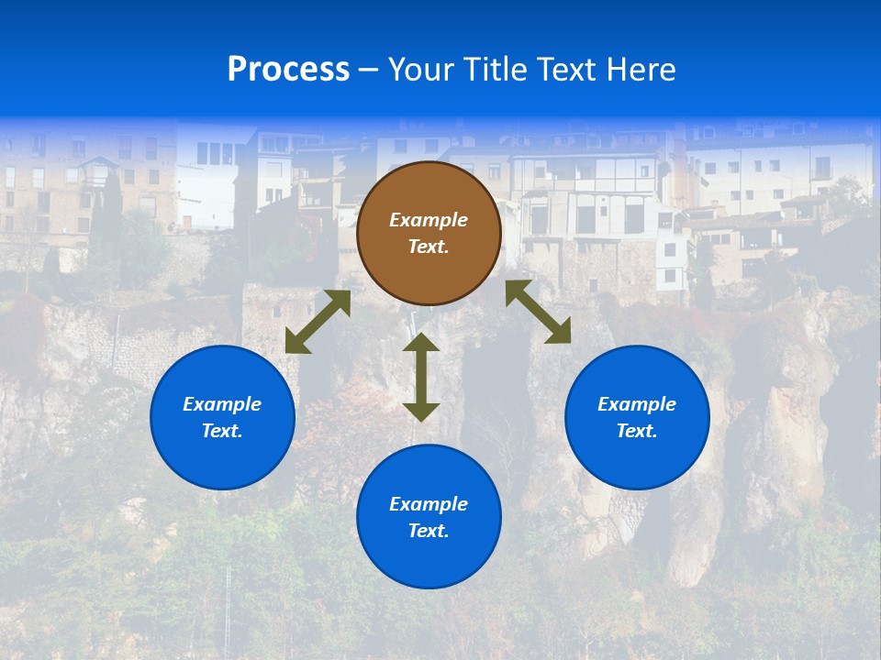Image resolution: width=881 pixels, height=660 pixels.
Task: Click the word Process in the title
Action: coord(288,70)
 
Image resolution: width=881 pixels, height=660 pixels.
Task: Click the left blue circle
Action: coord(222,417)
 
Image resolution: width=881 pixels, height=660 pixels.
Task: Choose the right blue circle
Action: coord(637,417)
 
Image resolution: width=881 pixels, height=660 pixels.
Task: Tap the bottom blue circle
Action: coord(429,516)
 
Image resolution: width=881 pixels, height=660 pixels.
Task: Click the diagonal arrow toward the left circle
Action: coord(318,322)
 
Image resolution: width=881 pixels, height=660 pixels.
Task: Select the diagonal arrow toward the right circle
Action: coord(539,313)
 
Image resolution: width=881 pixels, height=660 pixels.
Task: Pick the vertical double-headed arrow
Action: coord(421,377)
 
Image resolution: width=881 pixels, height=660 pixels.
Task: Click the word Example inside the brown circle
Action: coord(429,220)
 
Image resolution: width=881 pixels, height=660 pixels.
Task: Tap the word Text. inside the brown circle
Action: coord(429,247)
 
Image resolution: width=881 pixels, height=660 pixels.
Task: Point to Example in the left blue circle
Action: coord(222,404)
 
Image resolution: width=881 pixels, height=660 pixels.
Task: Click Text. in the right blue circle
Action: coord(637,431)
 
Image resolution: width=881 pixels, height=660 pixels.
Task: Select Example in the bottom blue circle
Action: coord(429,504)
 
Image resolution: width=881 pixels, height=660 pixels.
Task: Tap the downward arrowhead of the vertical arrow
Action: coord(421,412)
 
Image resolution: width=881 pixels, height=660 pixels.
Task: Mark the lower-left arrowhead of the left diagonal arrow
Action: coord(295,344)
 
